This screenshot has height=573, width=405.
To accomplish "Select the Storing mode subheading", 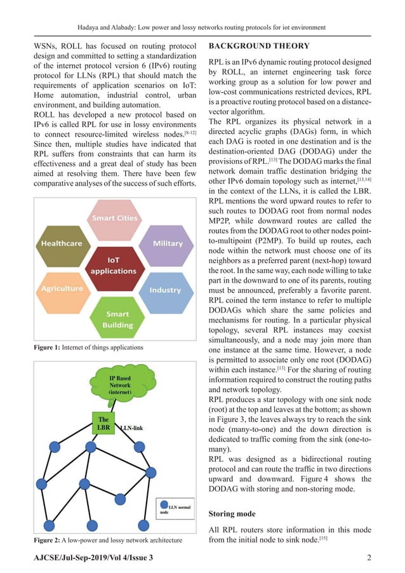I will pos(232,513).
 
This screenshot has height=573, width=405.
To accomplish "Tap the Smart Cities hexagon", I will pos(114,219).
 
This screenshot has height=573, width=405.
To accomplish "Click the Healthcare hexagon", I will pos(62,244).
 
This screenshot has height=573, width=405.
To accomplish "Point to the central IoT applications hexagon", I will pos(114,266).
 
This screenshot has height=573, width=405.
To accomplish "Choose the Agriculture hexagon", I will pos(62,288).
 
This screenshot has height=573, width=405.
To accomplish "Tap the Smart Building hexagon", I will pos(114,320).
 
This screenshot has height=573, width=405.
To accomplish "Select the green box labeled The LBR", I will pos(103,424).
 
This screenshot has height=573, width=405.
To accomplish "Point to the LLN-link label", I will pos(131,428).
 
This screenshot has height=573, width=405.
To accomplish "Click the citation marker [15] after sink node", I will pos(323,538).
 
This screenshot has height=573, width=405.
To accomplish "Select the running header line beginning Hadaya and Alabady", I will pos(202,27).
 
